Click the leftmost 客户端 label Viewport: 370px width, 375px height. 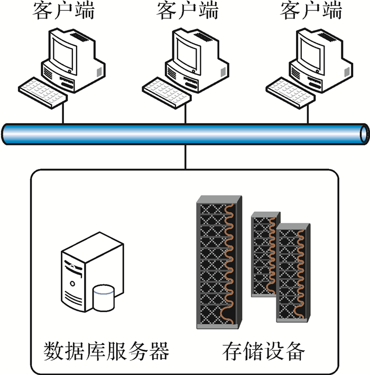point(63,10)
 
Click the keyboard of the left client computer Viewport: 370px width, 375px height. point(42,91)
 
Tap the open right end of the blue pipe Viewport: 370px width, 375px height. point(364,134)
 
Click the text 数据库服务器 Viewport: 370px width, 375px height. point(106,350)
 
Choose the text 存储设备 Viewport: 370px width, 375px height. point(264,350)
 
